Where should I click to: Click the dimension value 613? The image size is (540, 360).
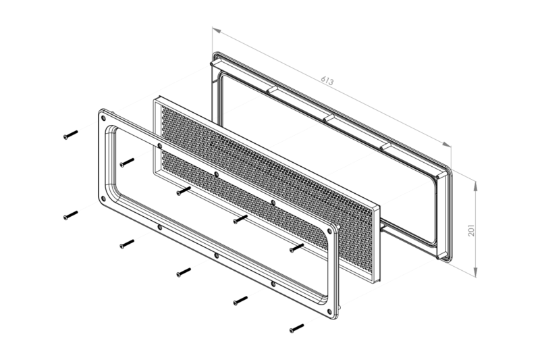point(327,80)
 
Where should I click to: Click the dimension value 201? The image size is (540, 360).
point(471,230)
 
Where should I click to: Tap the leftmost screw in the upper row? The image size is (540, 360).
point(71,134)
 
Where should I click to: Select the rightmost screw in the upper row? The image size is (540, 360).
point(297,248)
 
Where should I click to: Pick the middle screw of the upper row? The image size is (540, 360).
point(184,191)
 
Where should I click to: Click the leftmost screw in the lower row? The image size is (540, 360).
point(71,215)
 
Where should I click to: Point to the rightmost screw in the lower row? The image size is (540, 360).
point(297,328)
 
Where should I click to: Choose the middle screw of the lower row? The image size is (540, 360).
point(184,272)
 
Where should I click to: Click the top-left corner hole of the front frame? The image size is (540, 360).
point(103,118)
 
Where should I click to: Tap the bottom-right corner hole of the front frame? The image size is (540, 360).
point(329,311)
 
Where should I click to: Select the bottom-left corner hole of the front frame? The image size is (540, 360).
point(103,199)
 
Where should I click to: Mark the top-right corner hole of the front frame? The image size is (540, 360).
point(329,231)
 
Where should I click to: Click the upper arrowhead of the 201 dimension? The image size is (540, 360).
point(475,186)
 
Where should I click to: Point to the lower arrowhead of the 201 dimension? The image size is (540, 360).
point(475,272)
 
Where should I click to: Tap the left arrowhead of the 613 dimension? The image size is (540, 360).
point(217,30)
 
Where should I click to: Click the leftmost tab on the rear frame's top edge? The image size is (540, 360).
point(272,90)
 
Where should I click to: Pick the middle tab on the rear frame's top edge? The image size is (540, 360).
point(329,118)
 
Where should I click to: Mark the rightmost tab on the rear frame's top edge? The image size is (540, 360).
point(385,146)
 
